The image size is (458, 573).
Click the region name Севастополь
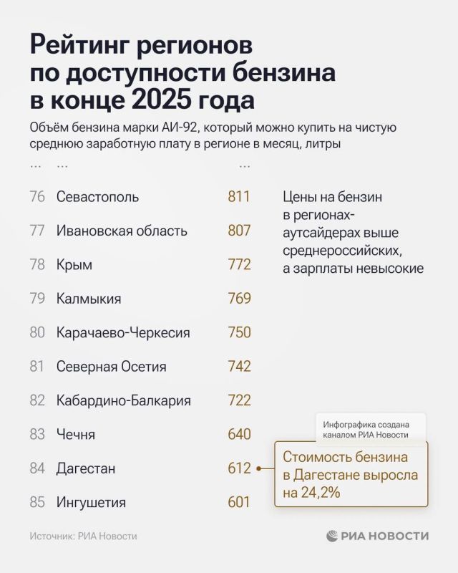pos(97,197)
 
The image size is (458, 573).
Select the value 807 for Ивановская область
pos(239,231)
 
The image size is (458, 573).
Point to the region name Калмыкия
pos(89,299)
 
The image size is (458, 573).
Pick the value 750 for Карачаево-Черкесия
pos(239,332)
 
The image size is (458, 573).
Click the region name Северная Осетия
pos(111,367)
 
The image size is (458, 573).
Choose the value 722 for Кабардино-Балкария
pos(239,400)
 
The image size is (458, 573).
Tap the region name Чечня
pos(76,434)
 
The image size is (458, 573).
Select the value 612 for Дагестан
pos(239,468)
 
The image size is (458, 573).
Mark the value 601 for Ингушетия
pos(239,502)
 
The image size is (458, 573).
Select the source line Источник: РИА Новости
pos(83,536)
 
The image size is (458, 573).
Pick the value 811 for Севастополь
pos(239,197)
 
